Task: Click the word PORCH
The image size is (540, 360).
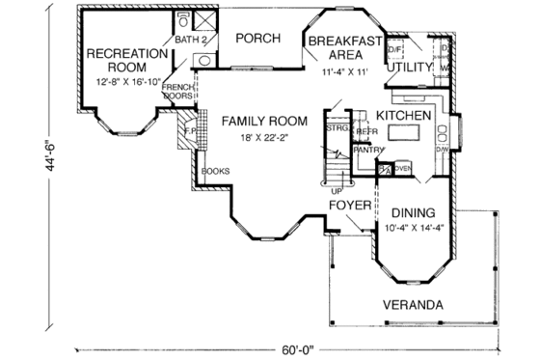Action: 258,39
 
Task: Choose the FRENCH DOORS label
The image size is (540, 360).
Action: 176,90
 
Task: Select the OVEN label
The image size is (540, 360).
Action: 402,169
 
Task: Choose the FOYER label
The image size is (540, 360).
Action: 348,206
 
